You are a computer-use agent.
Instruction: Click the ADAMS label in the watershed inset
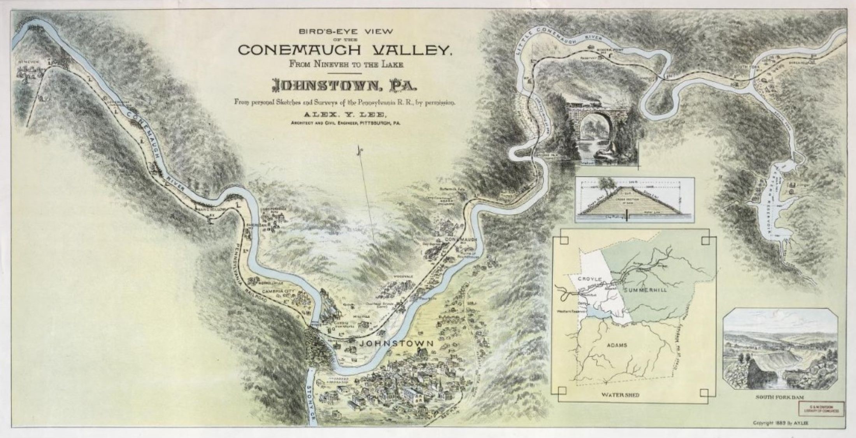click(617, 345)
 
